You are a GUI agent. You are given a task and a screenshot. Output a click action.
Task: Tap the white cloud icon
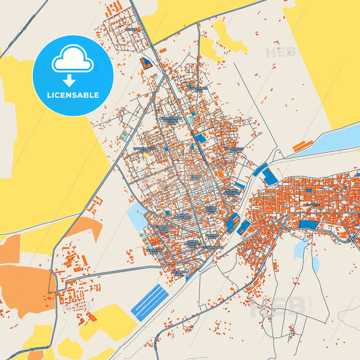[72, 61]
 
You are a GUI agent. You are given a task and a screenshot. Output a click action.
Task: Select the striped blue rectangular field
[149, 302]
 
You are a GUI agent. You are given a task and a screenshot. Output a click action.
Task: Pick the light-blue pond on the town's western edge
[134, 217]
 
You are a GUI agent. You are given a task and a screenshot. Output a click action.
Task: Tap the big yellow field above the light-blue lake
[324, 61]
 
